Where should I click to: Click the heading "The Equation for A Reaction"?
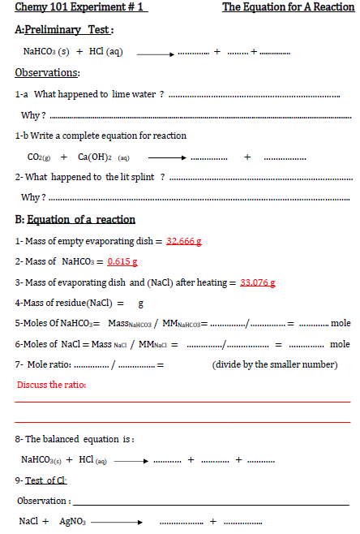tap(288, 7)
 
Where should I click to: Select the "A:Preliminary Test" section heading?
tap(64, 30)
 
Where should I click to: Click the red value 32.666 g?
tap(184, 241)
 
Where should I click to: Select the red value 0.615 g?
tap(122, 261)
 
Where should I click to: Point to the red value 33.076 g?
tap(258, 282)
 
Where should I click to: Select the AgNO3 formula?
tap(73, 521)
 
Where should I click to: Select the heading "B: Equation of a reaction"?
tap(75, 219)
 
